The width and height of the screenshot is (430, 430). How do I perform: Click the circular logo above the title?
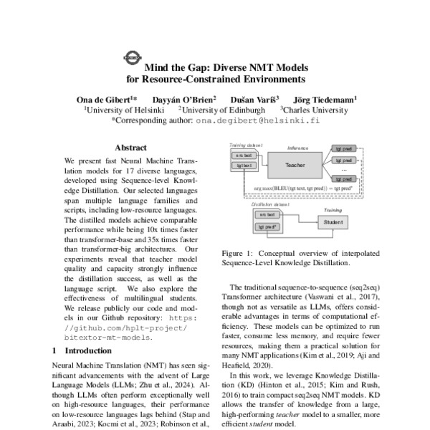click(133, 55)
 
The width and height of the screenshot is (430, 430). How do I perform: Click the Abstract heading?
click(130, 146)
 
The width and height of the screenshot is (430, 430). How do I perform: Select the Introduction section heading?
click(85, 350)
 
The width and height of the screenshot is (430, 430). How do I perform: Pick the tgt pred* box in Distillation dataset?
click(267, 226)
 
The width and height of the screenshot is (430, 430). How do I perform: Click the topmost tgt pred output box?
click(343, 149)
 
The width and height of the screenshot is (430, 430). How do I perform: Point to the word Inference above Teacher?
click(297, 148)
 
